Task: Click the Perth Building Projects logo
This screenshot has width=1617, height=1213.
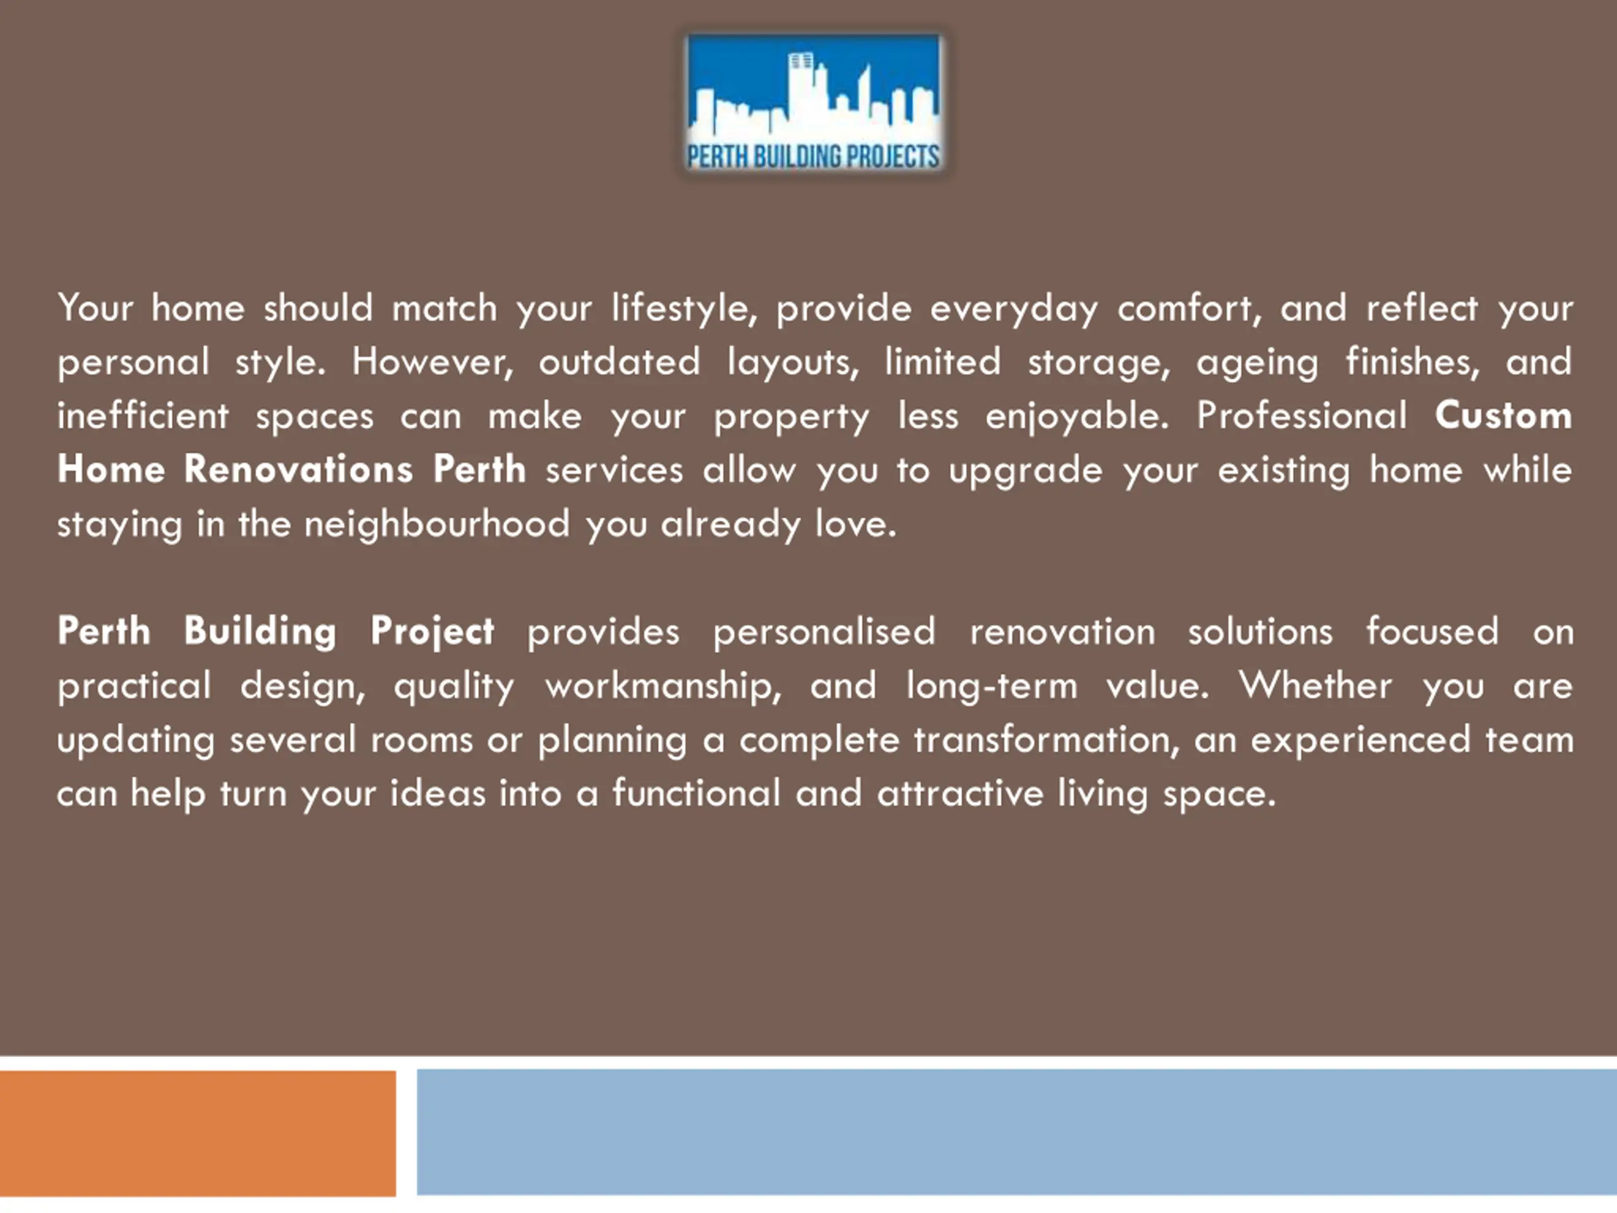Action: pyautogui.click(x=813, y=104)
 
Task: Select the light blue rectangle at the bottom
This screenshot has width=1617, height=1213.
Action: pyautogui.click(x=1017, y=1132)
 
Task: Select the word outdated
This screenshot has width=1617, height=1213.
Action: pyautogui.click(x=619, y=361)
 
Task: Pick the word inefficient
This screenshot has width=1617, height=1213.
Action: pyautogui.click(x=143, y=415)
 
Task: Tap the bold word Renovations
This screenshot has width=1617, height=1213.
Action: pyautogui.click(x=298, y=469)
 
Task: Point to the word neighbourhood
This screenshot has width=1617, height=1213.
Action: pyautogui.click(x=437, y=524)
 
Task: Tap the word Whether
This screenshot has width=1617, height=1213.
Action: pyautogui.click(x=1315, y=685)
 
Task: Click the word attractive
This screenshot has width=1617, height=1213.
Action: pyautogui.click(x=961, y=794)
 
